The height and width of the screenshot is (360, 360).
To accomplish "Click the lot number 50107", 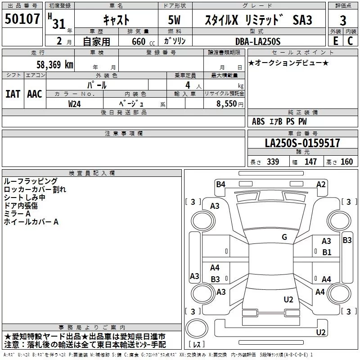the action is (23, 19).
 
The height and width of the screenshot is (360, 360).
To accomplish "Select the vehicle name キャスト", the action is (116, 20).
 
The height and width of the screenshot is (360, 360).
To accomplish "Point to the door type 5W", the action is (175, 20).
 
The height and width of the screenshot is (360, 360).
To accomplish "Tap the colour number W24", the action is (75, 103).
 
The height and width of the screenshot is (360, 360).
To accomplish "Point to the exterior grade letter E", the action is (335, 40).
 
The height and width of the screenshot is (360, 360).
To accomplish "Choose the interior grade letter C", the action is (350, 40).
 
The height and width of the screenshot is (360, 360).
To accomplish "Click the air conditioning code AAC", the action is (34, 94).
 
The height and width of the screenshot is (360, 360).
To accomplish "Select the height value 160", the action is (346, 162).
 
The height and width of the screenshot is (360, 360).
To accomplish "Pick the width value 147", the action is (310, 162).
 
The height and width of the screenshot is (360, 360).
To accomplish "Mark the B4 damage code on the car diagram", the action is (220, 184).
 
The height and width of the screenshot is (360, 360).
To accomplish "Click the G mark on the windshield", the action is (284, 237).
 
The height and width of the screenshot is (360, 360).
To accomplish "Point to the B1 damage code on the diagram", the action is (327, 252).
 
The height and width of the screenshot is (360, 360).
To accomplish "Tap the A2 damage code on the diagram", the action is (321, 184).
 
